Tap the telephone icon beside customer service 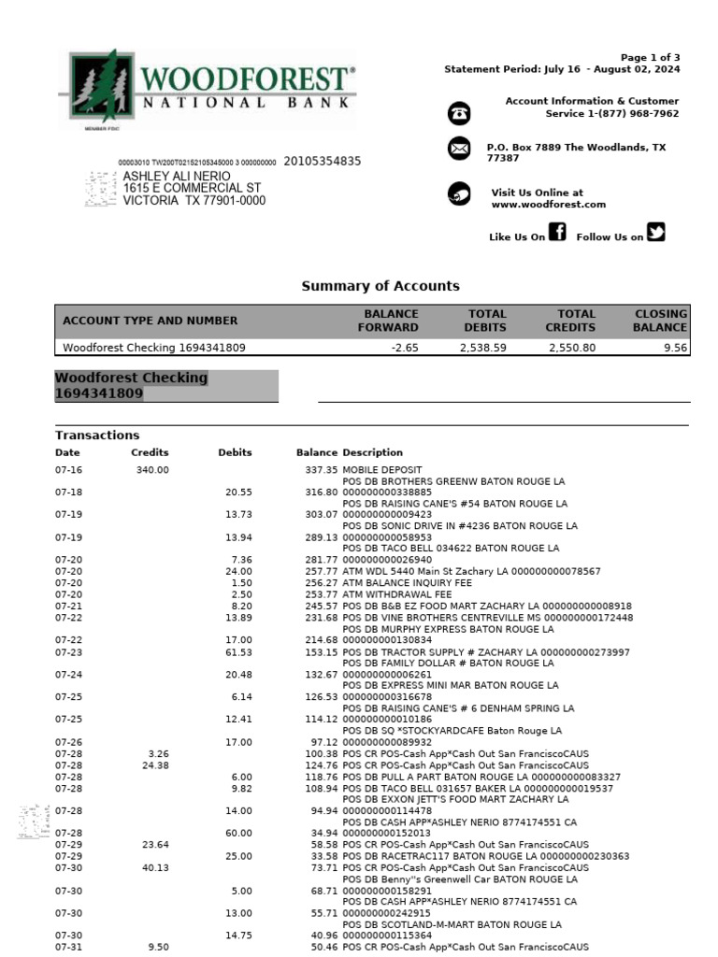pyautogui.click(x=459, y=113)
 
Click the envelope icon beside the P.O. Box pyautogui.click(x=459, y=149)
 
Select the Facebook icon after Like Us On pyautogui.click(x=557, y=233)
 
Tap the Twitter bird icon pyautogui.click(x=656, y=233)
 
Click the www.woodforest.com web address pyautogui.click(x=548, y=205)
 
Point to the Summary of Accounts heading pyautogui.click(x=380, y=286)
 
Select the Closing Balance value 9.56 pyautogui.click(x=674, y=348)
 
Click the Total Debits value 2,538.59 pyautogui.click(x=482, y=348)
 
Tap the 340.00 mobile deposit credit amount pyautogui.click(x=152, y=470)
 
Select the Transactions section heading pyautogui.click(x=97, y=435)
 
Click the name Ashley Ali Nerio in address pyautogui.click(x=177, y=176)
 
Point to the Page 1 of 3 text pyautogui.click(x=651, y=57)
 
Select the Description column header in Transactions pyautogui.click(x=372, y=452)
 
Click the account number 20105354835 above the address pyautogui.click(x=322, y=161)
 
